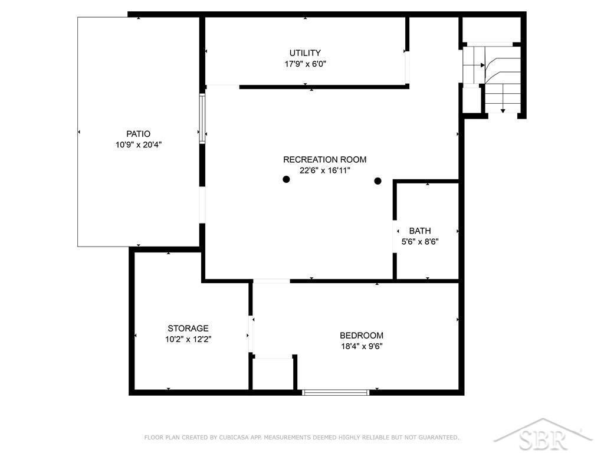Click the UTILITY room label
point(305,52)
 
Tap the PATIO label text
point(138,134)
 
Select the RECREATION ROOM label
point(325,159)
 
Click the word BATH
point(420,231)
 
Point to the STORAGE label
point(188,328)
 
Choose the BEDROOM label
point(362,335)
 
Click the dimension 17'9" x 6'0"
point(305,64)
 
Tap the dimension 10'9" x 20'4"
point(138,145)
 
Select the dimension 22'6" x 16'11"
point(325,170)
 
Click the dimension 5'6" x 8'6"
point(420,241)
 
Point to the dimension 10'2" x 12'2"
point(188,339)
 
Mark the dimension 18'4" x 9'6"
point(362,346)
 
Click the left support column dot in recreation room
point(286,179)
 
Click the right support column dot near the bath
point(378,180)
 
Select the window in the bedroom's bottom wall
point(336,392)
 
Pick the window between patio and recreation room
point(202,119)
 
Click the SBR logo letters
point(543,439)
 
